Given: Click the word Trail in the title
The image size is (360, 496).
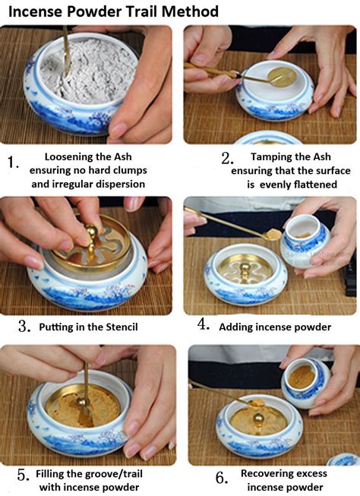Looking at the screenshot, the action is (143, 11).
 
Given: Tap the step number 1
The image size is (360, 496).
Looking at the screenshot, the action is (13, 163).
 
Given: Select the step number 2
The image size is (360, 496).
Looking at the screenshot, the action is (227, 158).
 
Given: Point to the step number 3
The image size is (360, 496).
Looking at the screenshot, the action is (24, 326).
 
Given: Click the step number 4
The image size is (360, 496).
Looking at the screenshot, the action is (204, 324).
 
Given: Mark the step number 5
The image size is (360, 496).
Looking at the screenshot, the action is (24, 475).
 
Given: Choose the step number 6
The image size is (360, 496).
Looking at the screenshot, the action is (222, 478).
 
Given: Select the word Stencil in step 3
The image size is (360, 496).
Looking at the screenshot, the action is (122, 327).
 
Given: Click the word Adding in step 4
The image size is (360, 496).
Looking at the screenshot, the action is (235, 327).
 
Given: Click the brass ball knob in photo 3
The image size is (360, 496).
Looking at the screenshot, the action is (91, 232).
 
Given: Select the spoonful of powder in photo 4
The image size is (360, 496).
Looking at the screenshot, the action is (273, 235).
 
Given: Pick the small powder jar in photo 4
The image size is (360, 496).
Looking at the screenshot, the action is (305, 241).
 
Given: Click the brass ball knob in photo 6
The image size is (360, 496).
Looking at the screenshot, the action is (257, 419).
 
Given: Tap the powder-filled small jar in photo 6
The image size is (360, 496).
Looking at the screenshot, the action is (305, 382).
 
